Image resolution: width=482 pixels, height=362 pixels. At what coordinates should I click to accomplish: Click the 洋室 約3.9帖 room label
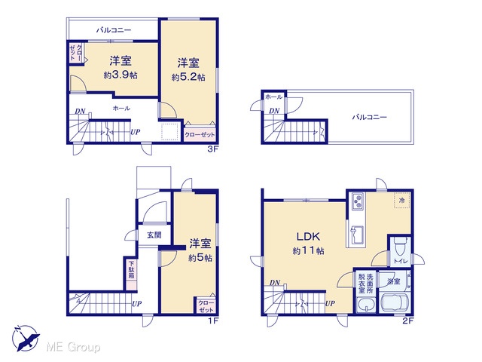(x=120, y=67)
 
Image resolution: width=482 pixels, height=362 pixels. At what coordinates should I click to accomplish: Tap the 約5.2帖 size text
(x=188, y=77)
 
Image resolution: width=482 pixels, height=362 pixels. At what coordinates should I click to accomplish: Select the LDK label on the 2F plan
(x=308, y=236)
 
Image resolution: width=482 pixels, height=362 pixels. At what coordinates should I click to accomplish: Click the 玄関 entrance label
(x=154, y=235)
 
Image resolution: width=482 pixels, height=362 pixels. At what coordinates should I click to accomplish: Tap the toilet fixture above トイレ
(x=400, y=247)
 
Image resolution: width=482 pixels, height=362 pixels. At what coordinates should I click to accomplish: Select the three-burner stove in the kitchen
(x=358, y=201)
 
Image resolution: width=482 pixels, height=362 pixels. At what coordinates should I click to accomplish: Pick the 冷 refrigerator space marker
(x=401, y=201)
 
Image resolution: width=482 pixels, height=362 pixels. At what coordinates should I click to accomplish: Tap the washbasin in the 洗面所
(x=366, y=305)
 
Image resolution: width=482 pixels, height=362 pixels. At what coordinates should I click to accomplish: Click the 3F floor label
(x=213, y=149)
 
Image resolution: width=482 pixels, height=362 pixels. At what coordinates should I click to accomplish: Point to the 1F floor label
(x=213, y=321)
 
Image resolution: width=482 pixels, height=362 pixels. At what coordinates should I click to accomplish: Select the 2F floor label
(x=408, y=321)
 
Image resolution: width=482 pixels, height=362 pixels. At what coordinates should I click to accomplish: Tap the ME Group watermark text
(x=73, y=348)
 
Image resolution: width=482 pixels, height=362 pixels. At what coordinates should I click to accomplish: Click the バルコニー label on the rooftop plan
(x=369, y=117)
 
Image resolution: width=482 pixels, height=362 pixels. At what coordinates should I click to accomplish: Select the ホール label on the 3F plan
(x=121, y=108)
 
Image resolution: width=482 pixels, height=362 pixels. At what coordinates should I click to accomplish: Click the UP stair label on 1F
(x=137, y=304)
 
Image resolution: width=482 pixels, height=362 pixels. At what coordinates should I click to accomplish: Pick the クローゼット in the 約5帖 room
(x=206, y=306)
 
